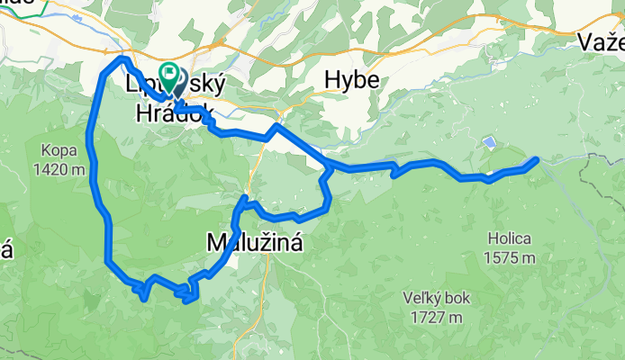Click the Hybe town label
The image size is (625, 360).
point(352,81)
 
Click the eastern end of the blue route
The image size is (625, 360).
point(537,160)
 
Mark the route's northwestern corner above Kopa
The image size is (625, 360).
point(120,59)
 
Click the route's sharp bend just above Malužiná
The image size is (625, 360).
point(245,197)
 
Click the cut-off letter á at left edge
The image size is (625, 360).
point(5,251)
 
